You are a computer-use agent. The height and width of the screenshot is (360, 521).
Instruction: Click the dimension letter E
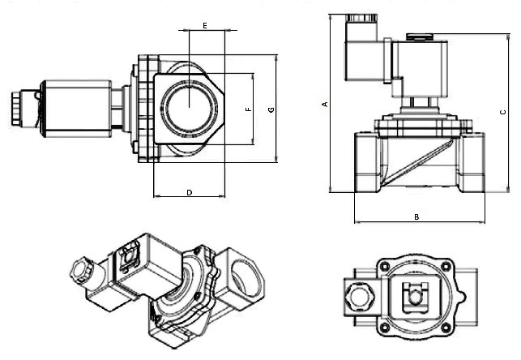pos(205,26)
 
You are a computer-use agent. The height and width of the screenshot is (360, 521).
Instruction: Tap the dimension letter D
pos(189,192)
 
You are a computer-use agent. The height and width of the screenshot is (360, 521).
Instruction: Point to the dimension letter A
pos(324,104)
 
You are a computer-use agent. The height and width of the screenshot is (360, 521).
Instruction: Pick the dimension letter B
pos(416,216)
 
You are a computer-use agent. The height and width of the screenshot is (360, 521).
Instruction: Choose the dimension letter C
pos(503,112)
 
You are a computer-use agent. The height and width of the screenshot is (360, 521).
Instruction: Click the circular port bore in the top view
pos(188,106)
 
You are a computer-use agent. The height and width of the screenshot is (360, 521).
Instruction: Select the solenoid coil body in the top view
pos(77,106)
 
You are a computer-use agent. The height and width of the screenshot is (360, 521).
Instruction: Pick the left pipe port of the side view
pos(365,161)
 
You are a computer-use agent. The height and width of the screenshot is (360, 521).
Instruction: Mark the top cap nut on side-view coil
pos(418,37)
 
